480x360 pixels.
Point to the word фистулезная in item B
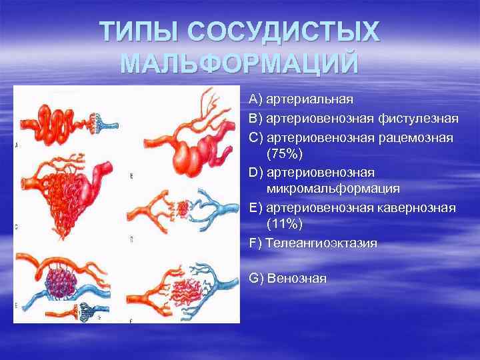click(418, 119)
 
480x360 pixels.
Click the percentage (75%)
click(284, 155)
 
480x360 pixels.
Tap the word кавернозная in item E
click(418, 208)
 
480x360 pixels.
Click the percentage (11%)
click(284, 225)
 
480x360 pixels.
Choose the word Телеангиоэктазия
click(321, 243)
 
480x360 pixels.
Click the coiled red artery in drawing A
click(60, 120)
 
